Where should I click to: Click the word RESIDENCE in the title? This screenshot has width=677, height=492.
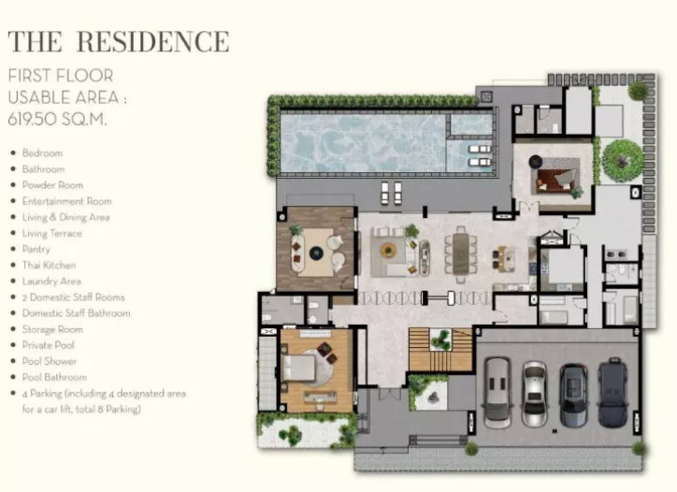tap(152, 42)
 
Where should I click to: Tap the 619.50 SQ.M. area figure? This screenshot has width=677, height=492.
tap(57, 119)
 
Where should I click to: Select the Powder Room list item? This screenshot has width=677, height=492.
tap(52, 185)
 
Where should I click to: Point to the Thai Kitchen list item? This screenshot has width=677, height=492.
tap(49, 266)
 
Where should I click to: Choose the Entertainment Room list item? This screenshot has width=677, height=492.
tap(67, 201)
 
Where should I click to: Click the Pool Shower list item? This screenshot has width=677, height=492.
tap(50, 361)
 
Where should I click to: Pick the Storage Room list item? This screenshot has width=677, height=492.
tap(52, 329)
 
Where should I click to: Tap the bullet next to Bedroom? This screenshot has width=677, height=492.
tap(13, 152)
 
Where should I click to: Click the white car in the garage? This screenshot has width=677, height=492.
tap(535, 394)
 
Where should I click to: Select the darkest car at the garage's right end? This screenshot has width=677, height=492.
tap(613, 392)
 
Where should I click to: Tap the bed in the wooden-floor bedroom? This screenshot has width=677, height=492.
tap(298, 368)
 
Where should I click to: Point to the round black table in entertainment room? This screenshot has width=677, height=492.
tap(316, 253)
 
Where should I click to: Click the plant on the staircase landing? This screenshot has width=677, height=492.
tap(440, 340)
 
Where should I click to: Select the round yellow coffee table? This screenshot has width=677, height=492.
tap(388, 250)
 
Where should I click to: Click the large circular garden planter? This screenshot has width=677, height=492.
tap(622, 161)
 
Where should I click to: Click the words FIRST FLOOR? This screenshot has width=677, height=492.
tap(61, 76)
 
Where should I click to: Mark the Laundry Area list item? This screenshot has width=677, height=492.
tap(51, 282)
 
